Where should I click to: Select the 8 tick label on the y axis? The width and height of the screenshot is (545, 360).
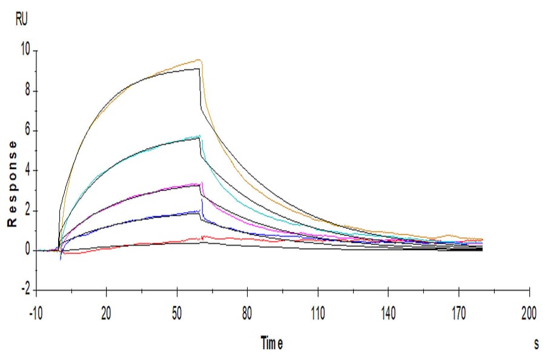click(x=25, y=92)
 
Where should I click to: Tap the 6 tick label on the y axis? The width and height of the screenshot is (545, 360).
click(x=25, y=131)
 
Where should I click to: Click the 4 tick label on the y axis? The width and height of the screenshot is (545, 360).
click(x=25, y=171)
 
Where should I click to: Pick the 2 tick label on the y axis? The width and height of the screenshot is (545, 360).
click(x=25, y=211)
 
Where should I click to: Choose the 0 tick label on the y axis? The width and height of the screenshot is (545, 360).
click(x=25, y=250)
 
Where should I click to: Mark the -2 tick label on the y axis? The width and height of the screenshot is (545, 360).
click(x=24, y=290)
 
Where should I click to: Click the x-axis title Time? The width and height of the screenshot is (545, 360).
click(x=272, y=344)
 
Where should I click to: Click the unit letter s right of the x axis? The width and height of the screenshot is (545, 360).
click(x=536, y=344)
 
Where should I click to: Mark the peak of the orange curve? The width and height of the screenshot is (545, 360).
click(x=198, y=60)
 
